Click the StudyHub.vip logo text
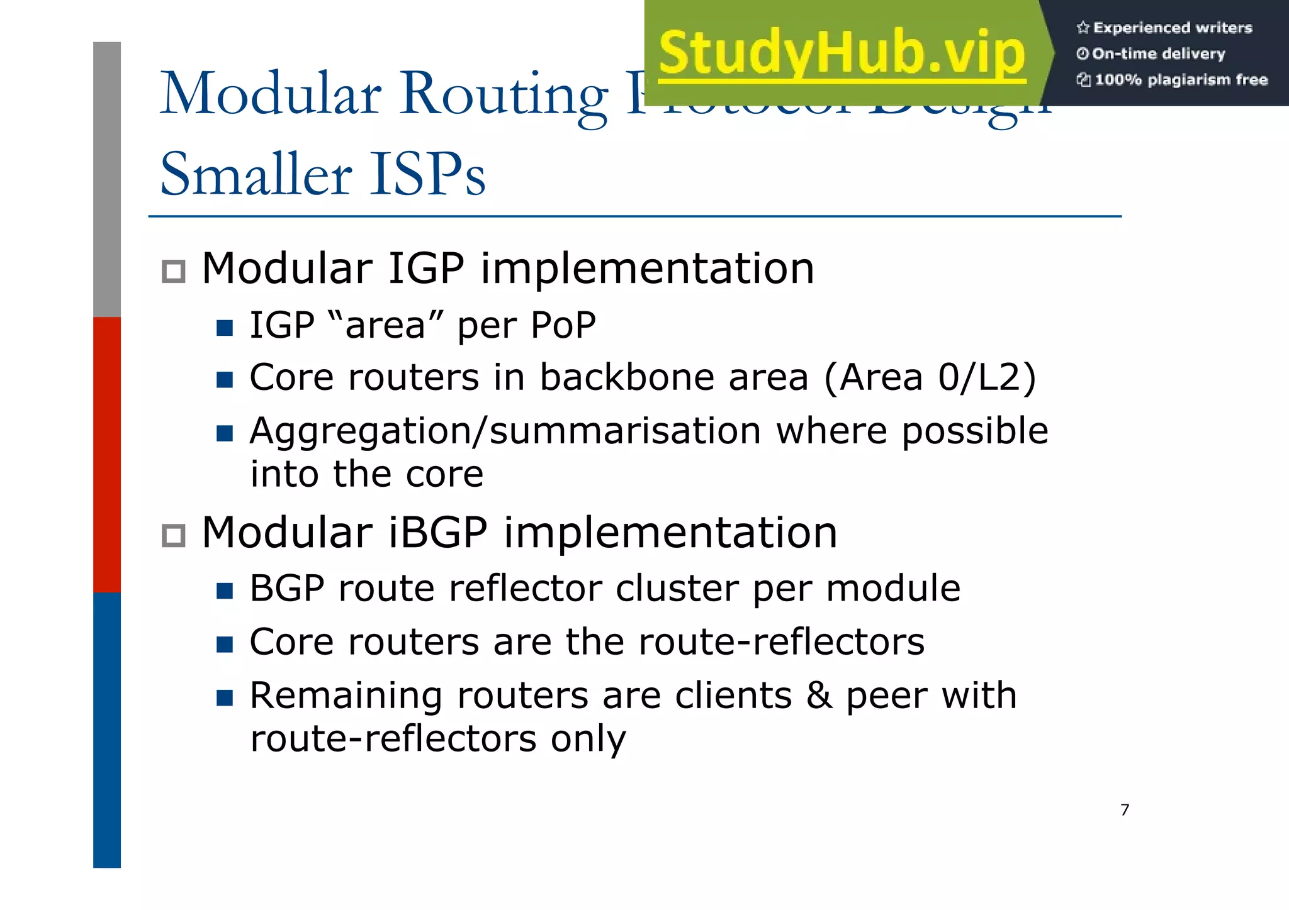pos(842,53)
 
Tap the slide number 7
pos(1125,810)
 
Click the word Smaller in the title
pos(256,174)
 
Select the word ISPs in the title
pos(427,174)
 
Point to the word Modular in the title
pos(271,94)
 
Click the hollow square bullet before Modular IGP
pos(173,272)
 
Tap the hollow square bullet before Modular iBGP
pos(173,536)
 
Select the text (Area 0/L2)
pos(930,378)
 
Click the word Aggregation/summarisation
pos(505,432)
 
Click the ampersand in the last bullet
pos(819,696)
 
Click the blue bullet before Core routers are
pos(225,645)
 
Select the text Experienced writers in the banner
pos(1172,28)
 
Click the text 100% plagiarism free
pos(1181,80)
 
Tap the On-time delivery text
pos(1158,54)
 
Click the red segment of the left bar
pos(107,454)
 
